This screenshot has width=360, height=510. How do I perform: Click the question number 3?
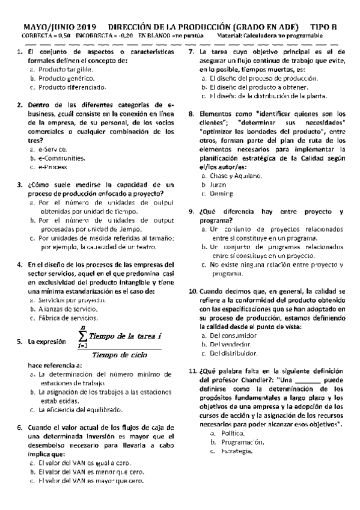20,185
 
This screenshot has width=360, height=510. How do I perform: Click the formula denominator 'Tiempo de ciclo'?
120,354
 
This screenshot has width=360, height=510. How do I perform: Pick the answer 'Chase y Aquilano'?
236,176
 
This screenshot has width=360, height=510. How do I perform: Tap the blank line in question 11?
308,381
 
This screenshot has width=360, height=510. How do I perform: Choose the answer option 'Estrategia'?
237,451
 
